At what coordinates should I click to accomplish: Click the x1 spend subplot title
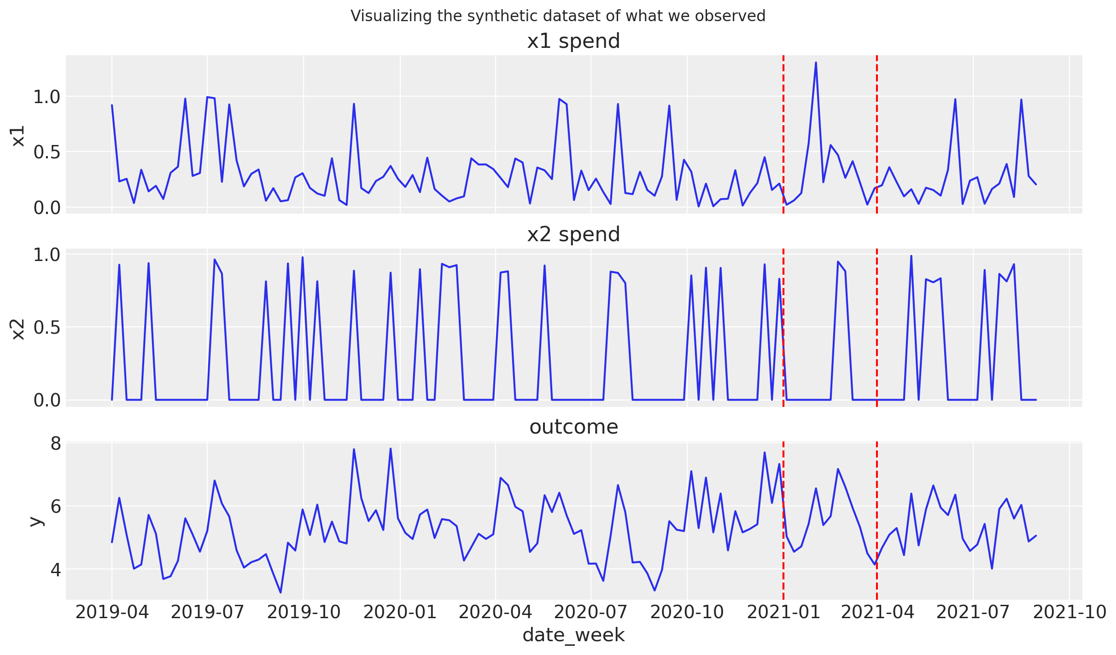coord(573,41)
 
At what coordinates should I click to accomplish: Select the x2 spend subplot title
coord(573,235)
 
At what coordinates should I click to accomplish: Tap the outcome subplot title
coord(573,427)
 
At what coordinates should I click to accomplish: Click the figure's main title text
coord(558,16)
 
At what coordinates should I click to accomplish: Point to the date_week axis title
coord(573,635)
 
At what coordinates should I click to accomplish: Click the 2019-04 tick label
coord(112,612)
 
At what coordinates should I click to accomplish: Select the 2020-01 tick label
coord(400,612)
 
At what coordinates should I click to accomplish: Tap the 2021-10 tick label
coord(1069,612)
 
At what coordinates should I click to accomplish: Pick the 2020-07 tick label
coord(590,612)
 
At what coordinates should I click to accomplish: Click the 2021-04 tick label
coord(877,612)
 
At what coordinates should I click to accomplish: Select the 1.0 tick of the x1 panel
coord(47,97)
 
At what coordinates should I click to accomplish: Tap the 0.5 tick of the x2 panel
coord(47,328)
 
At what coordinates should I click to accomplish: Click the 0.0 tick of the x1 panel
coord(47,208)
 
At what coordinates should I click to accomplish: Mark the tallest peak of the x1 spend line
coord(816,63)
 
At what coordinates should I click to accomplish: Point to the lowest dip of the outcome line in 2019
coord(280,592)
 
